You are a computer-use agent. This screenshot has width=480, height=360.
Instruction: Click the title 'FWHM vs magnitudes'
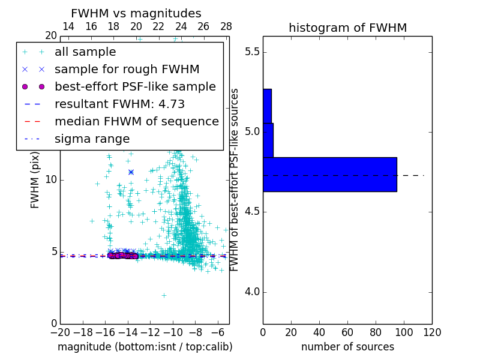tap(136, 14)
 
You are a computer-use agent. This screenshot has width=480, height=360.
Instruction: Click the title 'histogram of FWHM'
tap(347, 28)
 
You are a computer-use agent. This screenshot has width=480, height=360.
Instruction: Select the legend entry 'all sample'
tap(85, 52)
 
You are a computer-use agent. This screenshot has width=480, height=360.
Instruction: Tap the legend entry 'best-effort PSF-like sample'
tap(135, 86)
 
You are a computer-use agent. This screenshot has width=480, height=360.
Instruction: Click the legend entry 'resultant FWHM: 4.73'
tap(119, 104)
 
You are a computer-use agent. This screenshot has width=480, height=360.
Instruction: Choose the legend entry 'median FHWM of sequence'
tap(136, 121)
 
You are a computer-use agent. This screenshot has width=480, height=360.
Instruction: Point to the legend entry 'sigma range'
tap(92, 139)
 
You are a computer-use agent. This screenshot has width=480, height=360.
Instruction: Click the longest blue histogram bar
tap(329, 174)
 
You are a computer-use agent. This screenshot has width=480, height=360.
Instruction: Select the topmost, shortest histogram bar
tap(267, 106)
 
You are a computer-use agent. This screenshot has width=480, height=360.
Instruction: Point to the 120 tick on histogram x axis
tap(432, 332)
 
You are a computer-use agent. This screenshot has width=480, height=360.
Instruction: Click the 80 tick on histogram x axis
tap(376, 332)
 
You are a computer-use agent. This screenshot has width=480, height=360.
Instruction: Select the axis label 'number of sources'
tap(347, 347)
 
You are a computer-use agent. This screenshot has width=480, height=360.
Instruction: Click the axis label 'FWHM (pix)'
tap(35, 180)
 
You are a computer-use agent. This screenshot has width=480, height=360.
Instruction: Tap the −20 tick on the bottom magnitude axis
tap(60, 332)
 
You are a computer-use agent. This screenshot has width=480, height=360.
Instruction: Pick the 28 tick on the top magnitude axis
tap(226, 26)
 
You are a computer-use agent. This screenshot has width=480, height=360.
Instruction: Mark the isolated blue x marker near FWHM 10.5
tap(131, 172)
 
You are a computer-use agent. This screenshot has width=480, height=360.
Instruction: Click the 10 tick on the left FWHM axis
tap(50, 180)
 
